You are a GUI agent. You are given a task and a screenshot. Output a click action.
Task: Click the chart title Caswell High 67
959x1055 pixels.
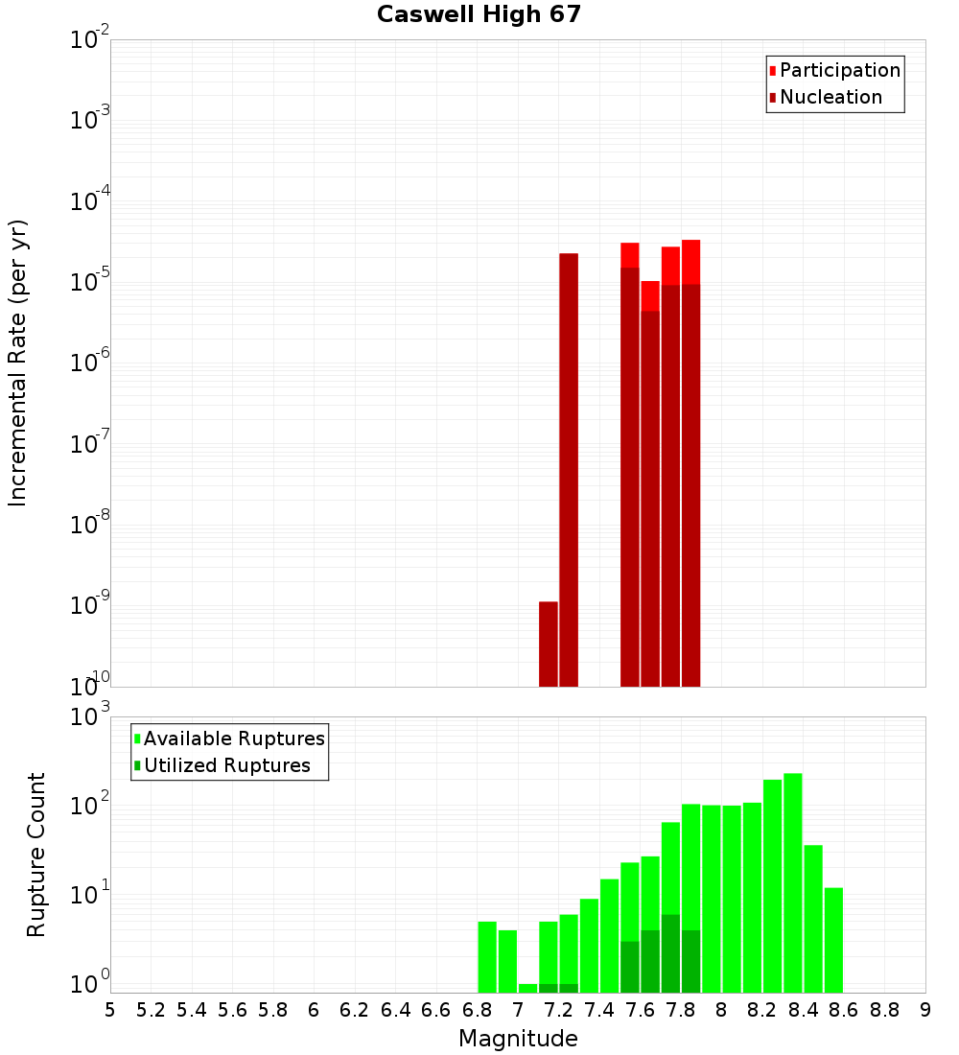click(x=479, y=14)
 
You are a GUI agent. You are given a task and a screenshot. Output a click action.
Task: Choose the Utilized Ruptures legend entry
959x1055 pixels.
click(x=225, y=765)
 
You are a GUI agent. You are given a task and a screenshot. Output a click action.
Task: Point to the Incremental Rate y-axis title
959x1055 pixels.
click(x=18, y=363)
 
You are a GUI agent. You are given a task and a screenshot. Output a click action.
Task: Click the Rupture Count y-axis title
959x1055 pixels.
click(x=36, y=855)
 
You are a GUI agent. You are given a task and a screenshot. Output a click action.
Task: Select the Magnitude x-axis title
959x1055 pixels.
click(x=518, y=1039)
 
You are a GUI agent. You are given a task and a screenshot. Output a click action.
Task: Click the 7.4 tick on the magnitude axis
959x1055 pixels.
click(x=599, y=1009)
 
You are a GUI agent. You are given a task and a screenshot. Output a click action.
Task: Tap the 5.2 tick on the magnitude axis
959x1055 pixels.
click(x=151, y=1009)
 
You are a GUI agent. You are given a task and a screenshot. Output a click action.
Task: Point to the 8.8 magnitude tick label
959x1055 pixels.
click(x=884, y=1009)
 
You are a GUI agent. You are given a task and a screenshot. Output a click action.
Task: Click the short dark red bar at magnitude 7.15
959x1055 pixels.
click(x=549, y=644)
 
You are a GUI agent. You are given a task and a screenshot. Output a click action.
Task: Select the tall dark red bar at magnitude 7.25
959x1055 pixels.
click(x=569, y=470)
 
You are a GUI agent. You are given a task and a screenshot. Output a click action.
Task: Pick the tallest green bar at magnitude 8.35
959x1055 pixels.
click(x=793, y=882)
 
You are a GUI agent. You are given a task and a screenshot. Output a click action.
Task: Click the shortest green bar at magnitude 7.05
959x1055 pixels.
click(x=527, y=988)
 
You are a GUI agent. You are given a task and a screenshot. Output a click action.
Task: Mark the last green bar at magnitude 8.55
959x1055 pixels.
click(x=833, y=940)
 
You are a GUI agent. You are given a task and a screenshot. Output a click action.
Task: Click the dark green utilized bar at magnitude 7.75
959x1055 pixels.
click(x=670, y=953)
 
